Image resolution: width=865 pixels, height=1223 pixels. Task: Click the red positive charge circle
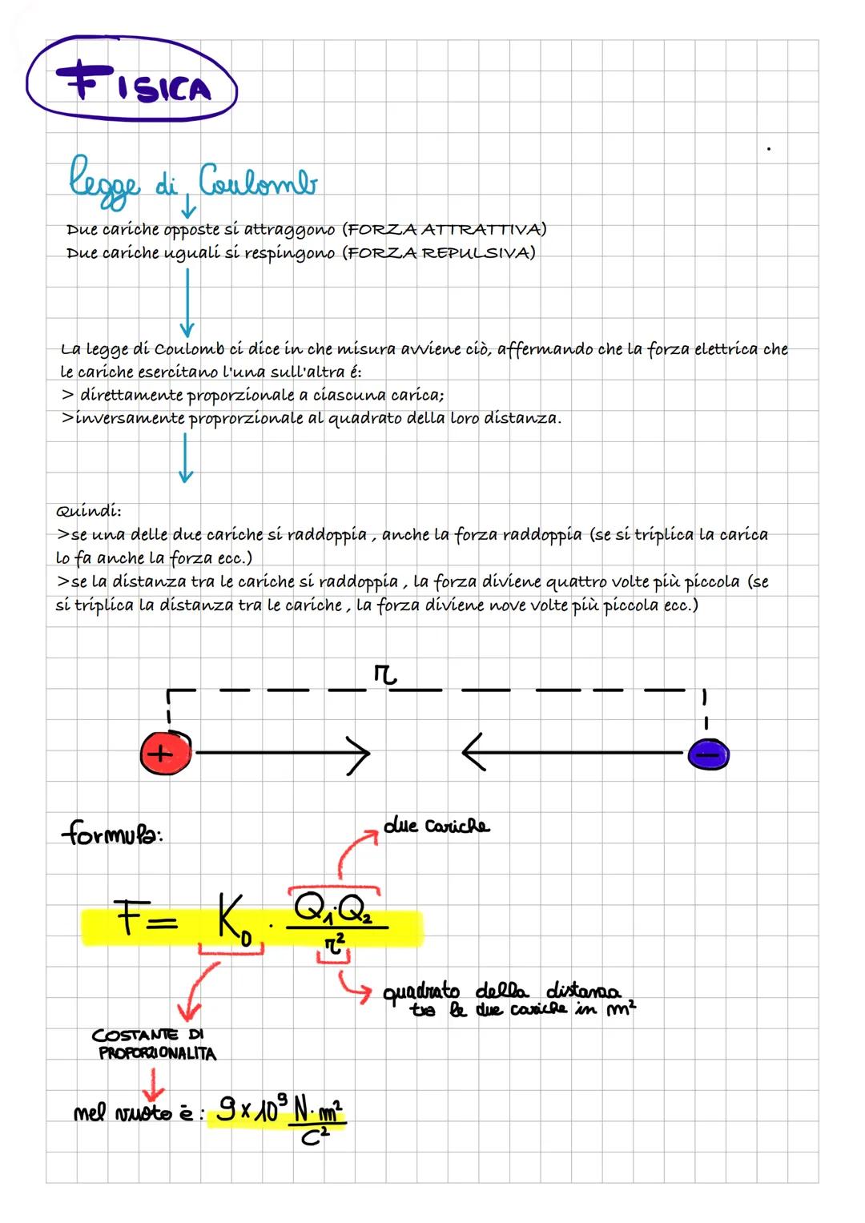coord(166,753)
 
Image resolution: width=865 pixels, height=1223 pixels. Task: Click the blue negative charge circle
coord(709,754)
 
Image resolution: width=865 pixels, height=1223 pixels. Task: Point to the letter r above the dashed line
coord(384,678)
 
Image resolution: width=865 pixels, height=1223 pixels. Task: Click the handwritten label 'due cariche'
coord(437,826)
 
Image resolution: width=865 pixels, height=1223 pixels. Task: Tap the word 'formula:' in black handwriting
coord(112,835)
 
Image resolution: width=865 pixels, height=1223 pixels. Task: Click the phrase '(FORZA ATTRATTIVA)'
coord(445,230)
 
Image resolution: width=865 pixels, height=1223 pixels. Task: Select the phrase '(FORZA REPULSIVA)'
coord(440,253)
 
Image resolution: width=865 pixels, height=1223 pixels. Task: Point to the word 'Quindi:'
coord(88,511)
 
